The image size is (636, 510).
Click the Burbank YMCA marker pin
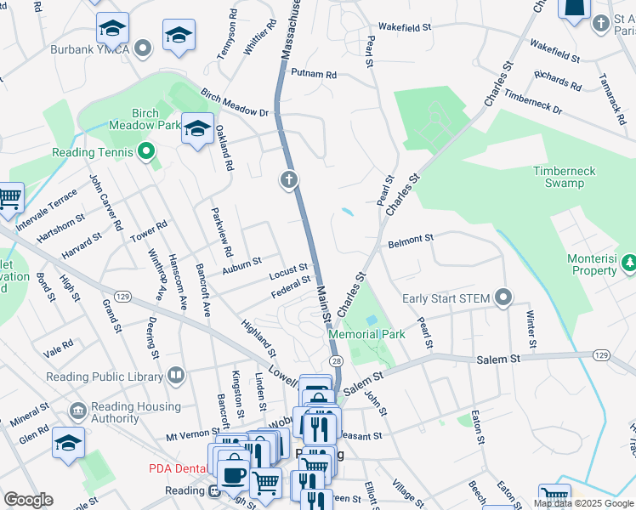pos(145,48)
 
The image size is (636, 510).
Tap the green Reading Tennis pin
pos(145,153)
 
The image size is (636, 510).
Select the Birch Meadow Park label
pos(145,119)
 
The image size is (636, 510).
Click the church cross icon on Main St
pos(289,179)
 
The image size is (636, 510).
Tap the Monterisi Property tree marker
pos(629,264)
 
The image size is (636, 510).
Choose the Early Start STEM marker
pos(503,297)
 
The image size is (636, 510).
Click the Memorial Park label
pos(366,334)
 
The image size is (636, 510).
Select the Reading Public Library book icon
pos(175,375)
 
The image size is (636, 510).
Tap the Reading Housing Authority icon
pos(78,411)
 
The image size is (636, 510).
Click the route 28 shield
pos(338,362)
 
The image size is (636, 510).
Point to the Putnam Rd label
pos(314,75)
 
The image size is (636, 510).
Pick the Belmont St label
pos(411,241)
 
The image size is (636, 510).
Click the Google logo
pos(28,500)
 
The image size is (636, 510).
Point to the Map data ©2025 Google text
pos(582,503)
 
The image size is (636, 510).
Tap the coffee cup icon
pos(233,474)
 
